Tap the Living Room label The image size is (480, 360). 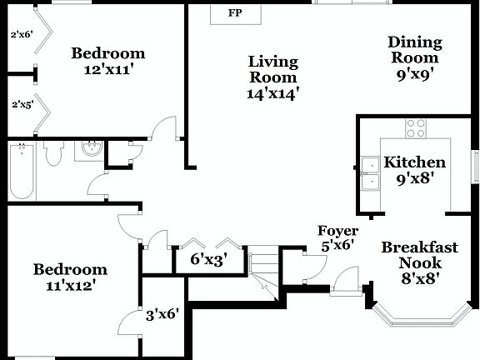(x=272, y=77)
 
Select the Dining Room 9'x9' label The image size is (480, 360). (x=415, y=57)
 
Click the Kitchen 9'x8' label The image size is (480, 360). (x=414, y=170)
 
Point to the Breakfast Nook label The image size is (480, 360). (x=420, y=262)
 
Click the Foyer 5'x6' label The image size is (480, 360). (x=337, y=238)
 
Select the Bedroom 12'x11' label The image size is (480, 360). (x=107, y=62)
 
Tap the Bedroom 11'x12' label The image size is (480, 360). (x=70, y=277)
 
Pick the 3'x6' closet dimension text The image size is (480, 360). (x=162, y=315)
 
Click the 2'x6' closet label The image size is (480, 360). (x=20, y=34)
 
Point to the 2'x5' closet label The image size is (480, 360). (x=20, y=105)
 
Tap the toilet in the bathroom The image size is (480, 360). (x=55, y=154)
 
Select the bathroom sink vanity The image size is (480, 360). (x=89, y=150)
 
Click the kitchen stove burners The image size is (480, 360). (x=415, y=127)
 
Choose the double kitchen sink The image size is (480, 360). (x=371, y=171)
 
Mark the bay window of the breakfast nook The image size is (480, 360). (x=421, y=317)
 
